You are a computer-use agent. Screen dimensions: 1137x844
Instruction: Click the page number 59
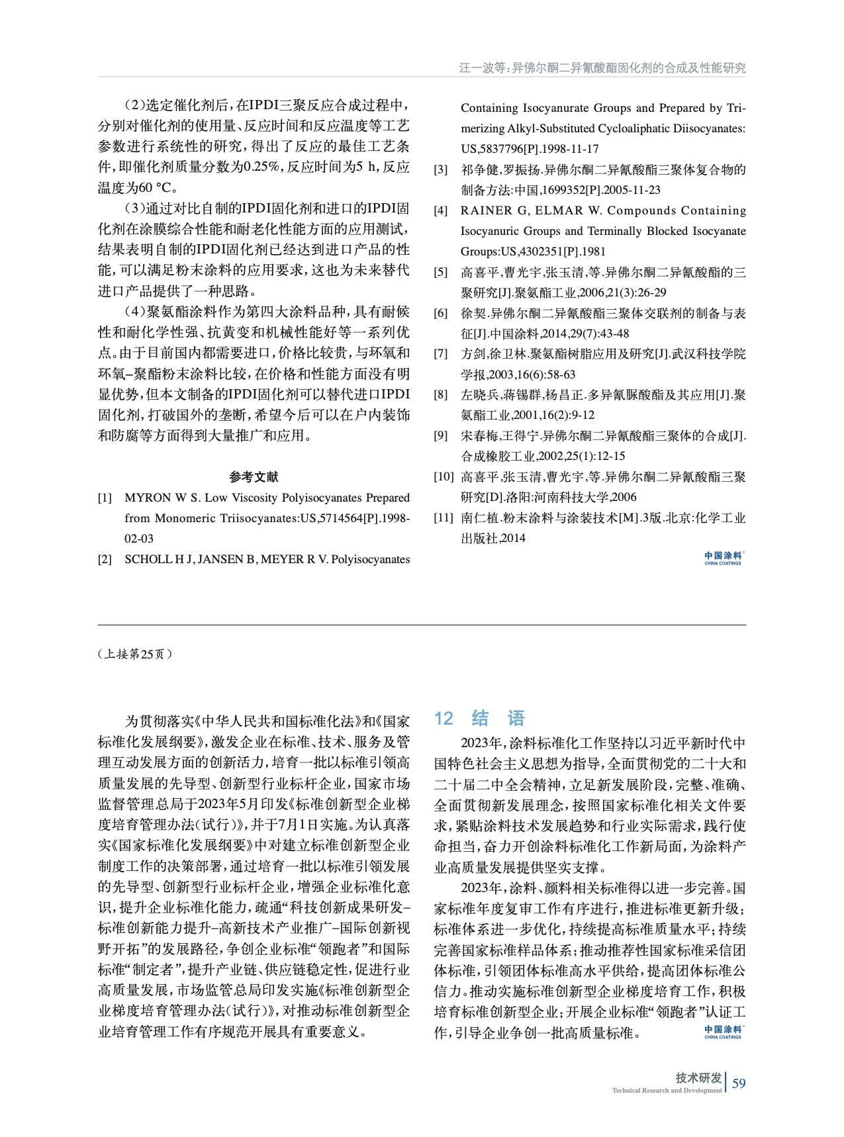click(x=739, y=1083)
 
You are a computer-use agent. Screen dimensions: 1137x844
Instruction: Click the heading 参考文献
click(x=254, y=477)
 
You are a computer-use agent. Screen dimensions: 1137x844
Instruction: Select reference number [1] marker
click(x=105, y=498)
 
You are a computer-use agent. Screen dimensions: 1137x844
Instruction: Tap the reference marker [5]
click(x=441, y=272)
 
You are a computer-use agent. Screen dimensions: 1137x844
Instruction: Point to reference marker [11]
click(x=444, y=518)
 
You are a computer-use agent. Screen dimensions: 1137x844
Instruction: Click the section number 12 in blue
click(x=444, y=719)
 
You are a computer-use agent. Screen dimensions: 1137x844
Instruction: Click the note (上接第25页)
click(x=135, y=654)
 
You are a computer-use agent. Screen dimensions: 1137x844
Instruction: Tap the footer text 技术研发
click(x=698, y=1077)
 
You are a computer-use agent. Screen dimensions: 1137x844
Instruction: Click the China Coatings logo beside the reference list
click(x=723, y=558)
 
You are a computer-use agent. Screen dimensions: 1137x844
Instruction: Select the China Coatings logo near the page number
click(x=723, y=1032)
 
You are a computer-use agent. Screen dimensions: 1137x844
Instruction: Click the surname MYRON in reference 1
click(x=147, y=498)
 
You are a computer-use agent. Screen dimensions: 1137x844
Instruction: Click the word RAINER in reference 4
click(x=485, y=210)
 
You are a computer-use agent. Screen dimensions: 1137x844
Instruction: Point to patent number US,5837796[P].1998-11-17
click(x=530, y=149)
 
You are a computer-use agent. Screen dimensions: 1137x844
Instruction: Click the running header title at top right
click(x=602, y=68)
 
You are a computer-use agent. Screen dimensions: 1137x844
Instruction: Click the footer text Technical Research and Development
click(x=667, y=1091)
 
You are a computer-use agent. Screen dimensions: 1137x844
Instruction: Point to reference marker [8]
click(x=441, y=395)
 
